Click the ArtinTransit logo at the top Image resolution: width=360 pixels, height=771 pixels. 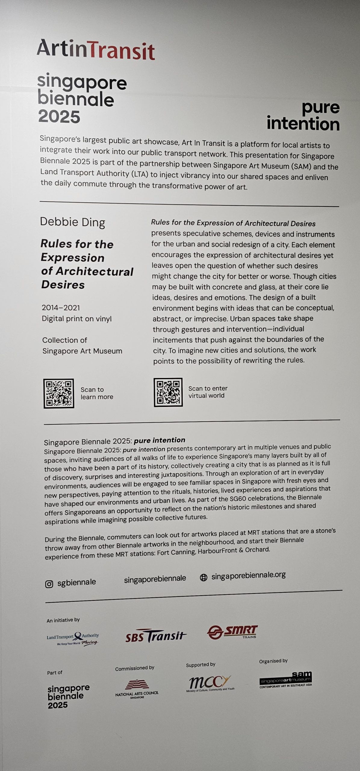click(x=96, y=49)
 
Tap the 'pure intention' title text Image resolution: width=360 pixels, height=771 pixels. click(x=303, y=116)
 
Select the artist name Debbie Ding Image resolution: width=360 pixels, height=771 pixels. click(x=73, y=222)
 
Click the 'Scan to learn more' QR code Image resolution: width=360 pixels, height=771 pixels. click(x=59, y=393)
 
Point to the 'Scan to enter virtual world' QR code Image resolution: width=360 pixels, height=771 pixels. click(x=168, y=392)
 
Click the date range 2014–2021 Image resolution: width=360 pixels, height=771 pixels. click(x=61, y=307)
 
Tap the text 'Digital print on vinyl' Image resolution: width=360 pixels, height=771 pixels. click(x=77, y=319)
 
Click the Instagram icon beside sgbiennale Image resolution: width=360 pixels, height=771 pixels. click(x=49, y=584)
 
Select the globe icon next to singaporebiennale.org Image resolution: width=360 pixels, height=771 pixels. click(x=204, y=577)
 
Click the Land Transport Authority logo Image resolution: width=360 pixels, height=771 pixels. click(x=73, y=638)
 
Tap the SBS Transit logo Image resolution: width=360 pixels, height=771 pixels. click(x=156, y=636)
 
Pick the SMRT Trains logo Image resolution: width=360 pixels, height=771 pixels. click(x=232, y=632)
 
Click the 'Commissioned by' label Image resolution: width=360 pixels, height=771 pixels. click(x=135, y=668)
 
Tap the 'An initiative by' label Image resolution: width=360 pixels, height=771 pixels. click(x=63, y=620)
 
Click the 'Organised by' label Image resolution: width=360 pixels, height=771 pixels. click(x=273, y=661)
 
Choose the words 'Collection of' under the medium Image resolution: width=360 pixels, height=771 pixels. click(x=65, y=340)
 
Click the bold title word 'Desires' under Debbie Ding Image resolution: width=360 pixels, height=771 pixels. click(x=63, y=285)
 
